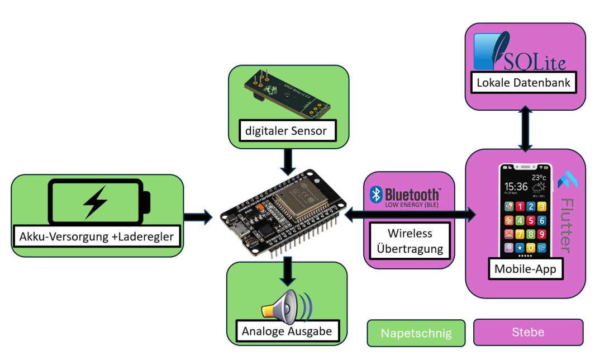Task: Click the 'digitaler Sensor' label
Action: click(x=289, y=131)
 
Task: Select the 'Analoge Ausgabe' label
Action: click(x=287, y=331)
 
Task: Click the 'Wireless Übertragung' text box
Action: click(x=410, y=240)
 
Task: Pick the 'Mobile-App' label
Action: click(x=525, y=269)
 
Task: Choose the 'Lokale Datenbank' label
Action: click(x=523, y=83)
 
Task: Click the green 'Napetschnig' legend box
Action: click(x=416, y=333)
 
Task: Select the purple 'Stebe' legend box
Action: click(x=528, y=332)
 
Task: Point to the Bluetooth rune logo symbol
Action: click(x=377, y=195)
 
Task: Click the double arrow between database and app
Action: click(x=525, y=130)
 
